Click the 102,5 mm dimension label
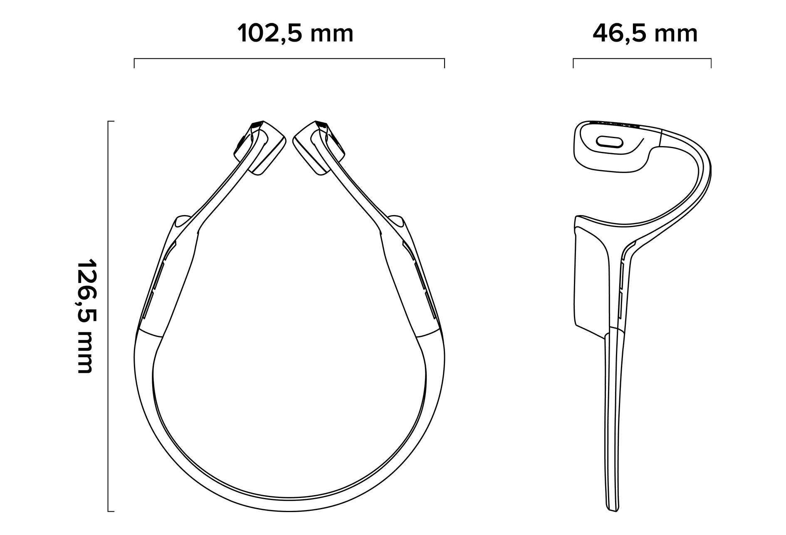(x=295, y=33)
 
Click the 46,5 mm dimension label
(x=645, y=33)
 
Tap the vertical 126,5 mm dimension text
(x=87, y=316)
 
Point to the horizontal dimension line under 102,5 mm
(x=289, y=59)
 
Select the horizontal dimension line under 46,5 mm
(x=642, y=59)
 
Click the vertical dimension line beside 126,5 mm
(x=108, y=316)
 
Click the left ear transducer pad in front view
(x=266, y=150)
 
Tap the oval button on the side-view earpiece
(x=610, y=142)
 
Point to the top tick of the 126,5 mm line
(x=111, y=121)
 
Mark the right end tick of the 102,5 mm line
(x=445, y=63)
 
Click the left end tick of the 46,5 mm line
(x=573, y=63)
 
